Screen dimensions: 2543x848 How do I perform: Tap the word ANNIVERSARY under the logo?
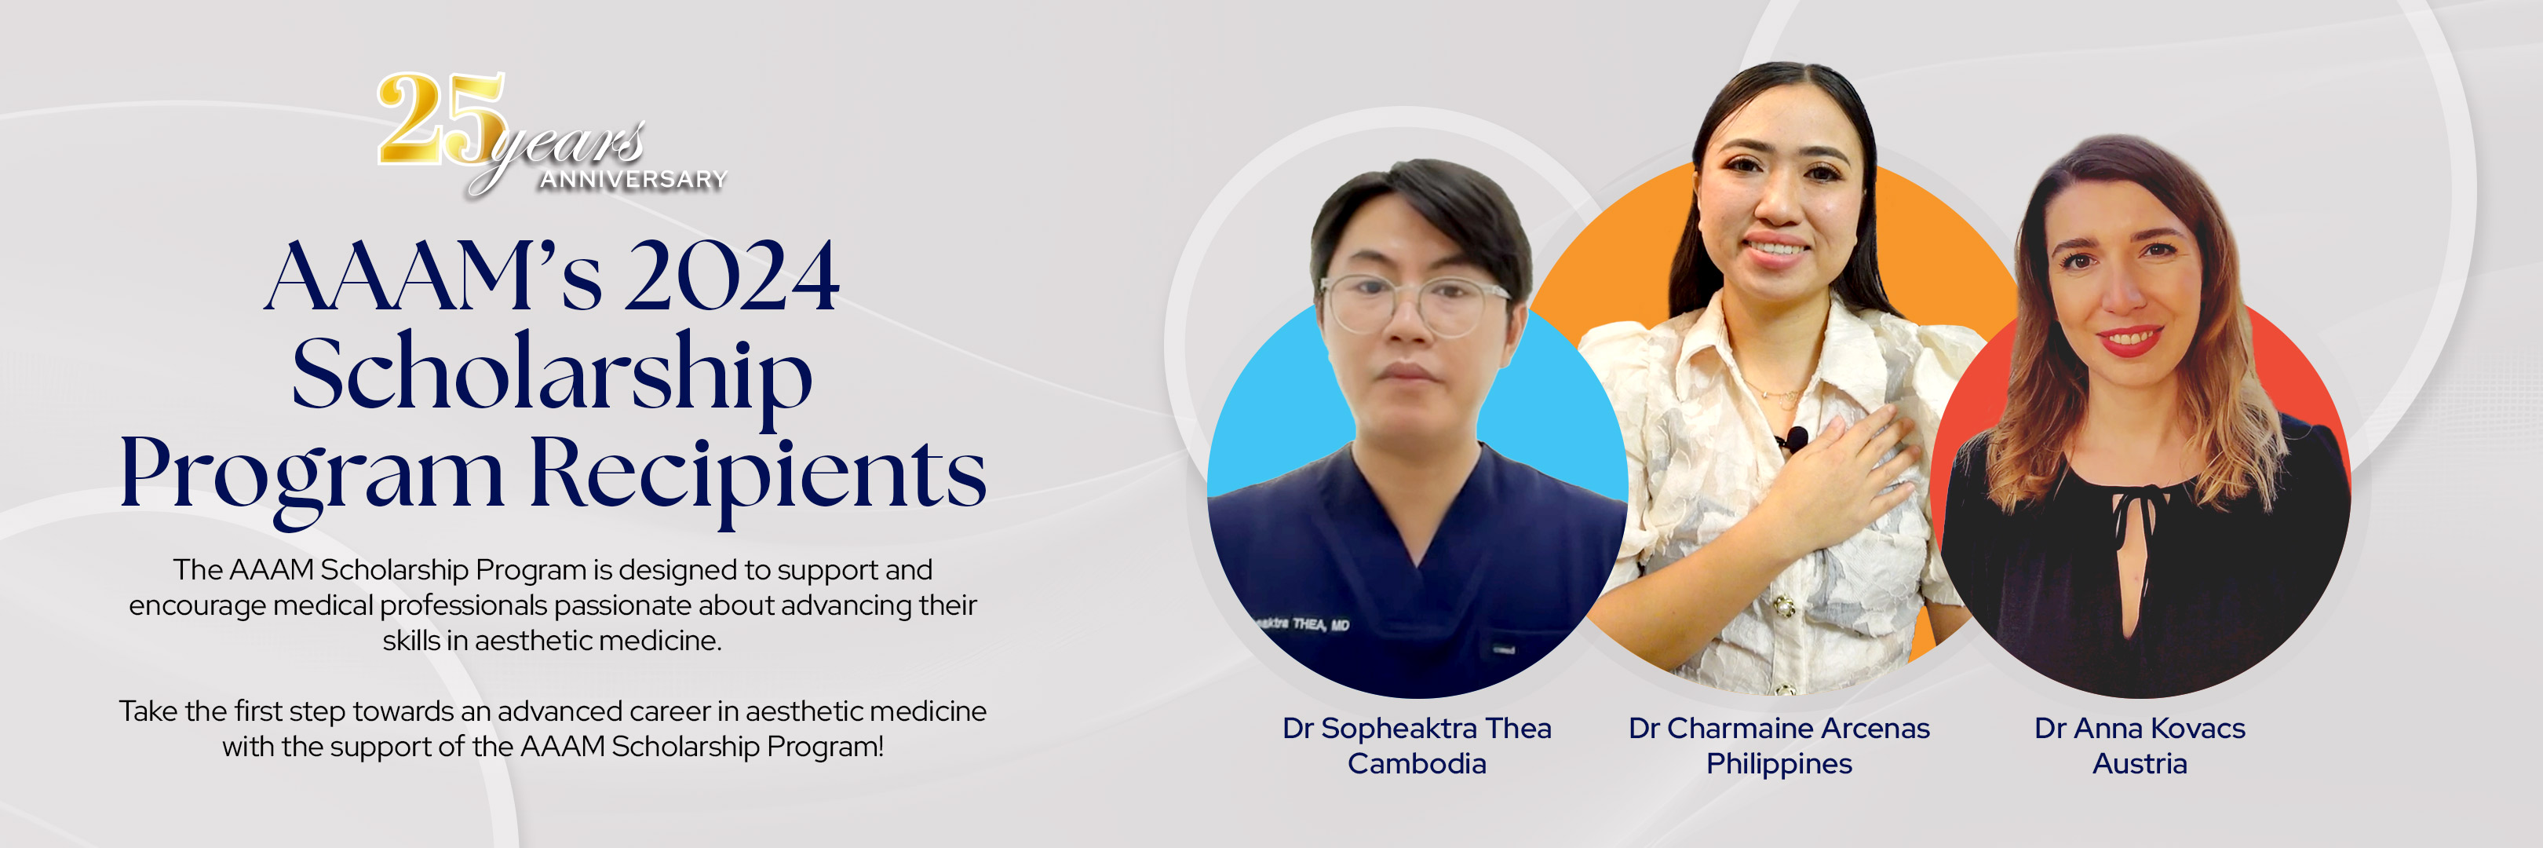click(x=633, y=180)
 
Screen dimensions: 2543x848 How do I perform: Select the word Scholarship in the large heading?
click(x=552, y=376)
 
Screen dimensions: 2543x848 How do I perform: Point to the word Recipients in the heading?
click(x=758, y=473)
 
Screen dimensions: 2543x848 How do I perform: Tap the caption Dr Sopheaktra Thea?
click(x=1417, y=729)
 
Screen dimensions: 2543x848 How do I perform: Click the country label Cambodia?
click(x=1417, y=764)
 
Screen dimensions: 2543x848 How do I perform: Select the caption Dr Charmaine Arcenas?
click(x=1779, y=729)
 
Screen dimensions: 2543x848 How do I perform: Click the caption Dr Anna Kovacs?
click(x=2140, y=729)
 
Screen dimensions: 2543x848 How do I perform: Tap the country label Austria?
click(x=2140, y=764)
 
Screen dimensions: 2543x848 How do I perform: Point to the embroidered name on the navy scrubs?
click(x=1303, y=624)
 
